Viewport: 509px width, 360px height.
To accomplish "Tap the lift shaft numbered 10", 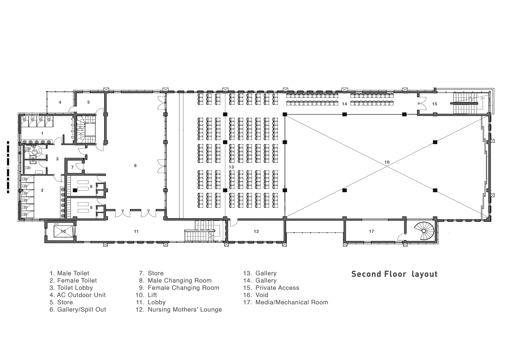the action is point(63,231).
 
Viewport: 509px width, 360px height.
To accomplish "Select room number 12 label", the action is point(256,231).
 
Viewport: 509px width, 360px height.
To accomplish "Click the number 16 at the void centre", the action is point(387,162).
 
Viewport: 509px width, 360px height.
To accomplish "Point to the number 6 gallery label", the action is point(135,165).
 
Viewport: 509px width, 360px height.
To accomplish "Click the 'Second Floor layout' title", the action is point(394,274).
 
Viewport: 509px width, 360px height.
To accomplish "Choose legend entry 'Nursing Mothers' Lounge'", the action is point(179,309).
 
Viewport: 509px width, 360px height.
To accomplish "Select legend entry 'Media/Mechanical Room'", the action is point(286,302).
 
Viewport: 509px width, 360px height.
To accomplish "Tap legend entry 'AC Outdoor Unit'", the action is point(77,295).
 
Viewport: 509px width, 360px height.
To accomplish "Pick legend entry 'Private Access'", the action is point(271,288).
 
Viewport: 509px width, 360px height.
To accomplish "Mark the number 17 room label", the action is point(371,231).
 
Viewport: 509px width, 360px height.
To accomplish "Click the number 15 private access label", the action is point(434,104).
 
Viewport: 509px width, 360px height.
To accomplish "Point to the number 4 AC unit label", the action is point(60,102).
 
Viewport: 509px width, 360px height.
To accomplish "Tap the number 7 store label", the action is point(73,167).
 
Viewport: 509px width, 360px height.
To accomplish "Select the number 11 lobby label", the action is point(136,231).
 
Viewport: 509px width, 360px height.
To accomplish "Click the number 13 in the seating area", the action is point(231,167).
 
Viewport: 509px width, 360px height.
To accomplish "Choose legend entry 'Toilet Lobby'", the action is point(71,288).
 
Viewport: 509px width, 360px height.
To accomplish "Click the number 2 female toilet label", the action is point(42,190).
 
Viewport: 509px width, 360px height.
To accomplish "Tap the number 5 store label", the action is point(89,102).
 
